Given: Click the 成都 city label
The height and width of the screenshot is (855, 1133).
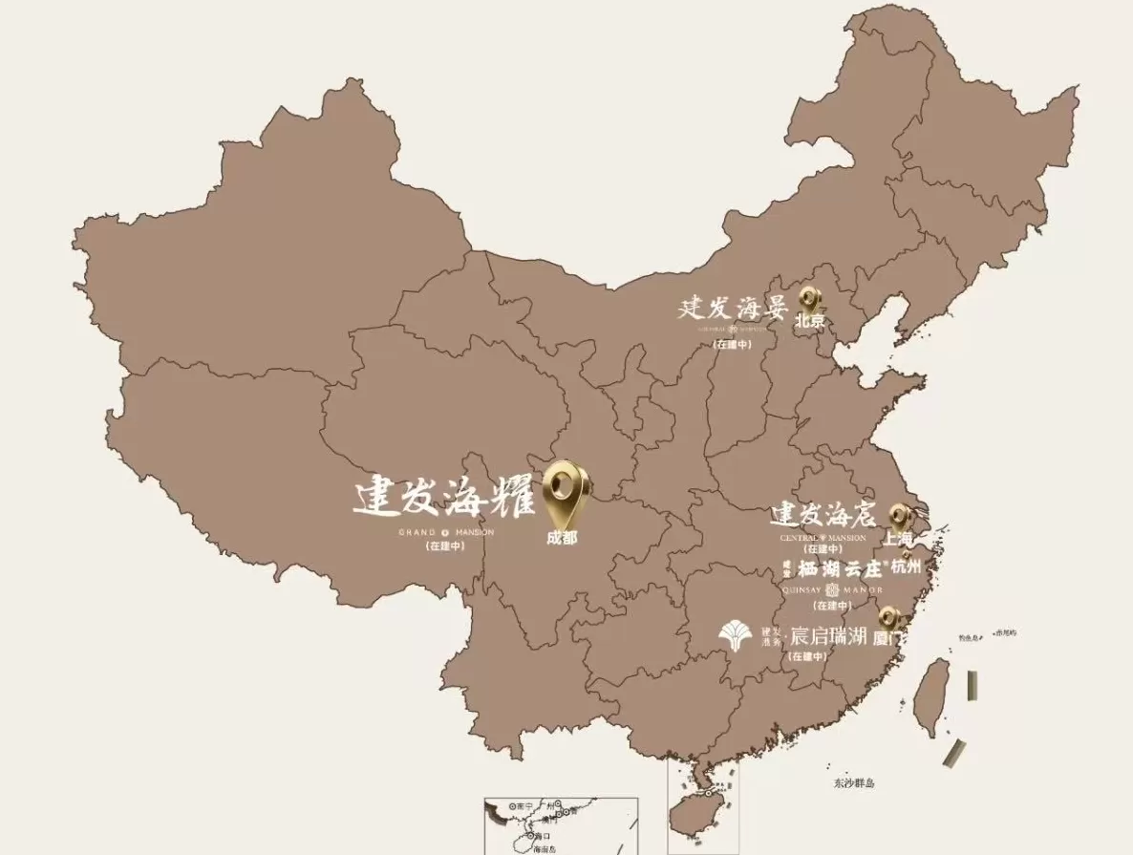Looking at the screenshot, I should pos(562,538).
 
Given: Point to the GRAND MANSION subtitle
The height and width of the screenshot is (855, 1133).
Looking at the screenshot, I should pos(446,532).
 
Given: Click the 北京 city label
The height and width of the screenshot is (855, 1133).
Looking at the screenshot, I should pos(809,321).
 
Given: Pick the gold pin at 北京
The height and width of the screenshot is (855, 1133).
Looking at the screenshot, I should pos(809,299).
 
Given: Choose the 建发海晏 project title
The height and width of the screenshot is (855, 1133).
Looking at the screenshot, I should pos(732,309).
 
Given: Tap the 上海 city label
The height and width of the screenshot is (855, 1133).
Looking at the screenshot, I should pos(898,538).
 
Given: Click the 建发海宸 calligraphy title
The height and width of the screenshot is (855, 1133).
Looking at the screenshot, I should pos(823,517).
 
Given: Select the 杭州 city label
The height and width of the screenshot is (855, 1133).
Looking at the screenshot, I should pos(907,566).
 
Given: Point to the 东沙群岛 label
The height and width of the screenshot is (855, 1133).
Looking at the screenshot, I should pos(853,783).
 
